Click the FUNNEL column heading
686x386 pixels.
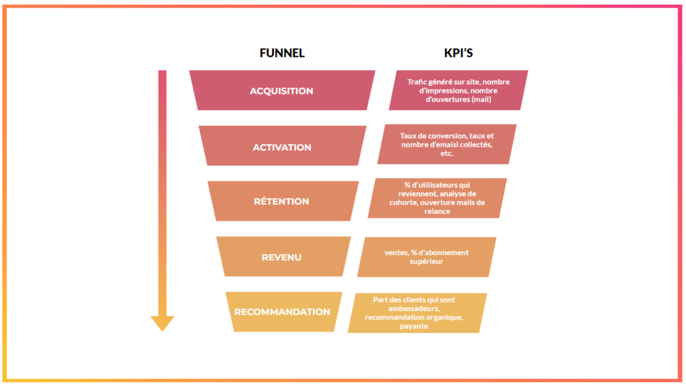(282, 53)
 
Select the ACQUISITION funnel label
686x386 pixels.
(281, 91)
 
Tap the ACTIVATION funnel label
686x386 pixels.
(282, 147)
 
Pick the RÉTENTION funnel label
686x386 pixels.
(281, 201)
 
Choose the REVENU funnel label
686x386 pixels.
(281, 257)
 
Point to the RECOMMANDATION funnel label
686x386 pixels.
(282, 312)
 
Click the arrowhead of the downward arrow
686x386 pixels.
(162, 323)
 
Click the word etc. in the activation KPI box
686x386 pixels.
(448, 153)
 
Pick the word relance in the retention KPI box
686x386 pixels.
(437, 211)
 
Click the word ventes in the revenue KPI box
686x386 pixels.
(396, 253)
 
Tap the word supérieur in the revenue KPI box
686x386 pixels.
(427, 261)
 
